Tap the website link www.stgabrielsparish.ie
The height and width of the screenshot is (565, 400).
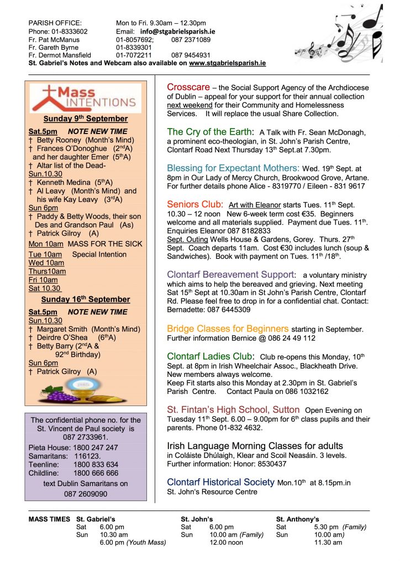pos(227,63)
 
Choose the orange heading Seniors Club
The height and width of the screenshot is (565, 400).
pos(195,205)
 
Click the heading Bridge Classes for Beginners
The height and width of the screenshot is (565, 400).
pos(228,329)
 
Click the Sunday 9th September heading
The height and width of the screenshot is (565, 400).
pos(86,119)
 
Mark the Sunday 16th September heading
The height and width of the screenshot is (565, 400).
pos(86,299)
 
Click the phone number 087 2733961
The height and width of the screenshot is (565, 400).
pos(86,436)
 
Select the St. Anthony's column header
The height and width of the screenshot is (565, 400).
pos(297,519)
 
